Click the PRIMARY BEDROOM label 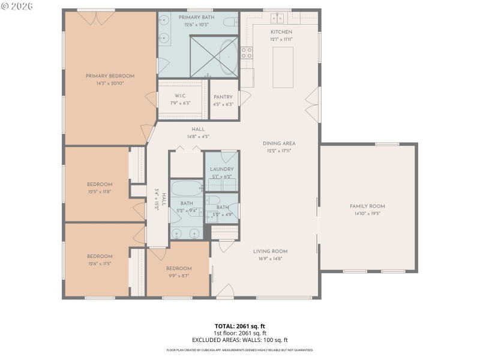click(x=110, y=76)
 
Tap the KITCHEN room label click(x=281, y=32)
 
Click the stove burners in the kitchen click(x=247, y=53)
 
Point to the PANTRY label click(x=223, y=97)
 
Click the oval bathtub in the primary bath click(x=227, y=57)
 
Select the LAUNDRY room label click(x=221, y=170)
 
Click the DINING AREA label click(x=279, y=143)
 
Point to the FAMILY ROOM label click(x=367, y=206)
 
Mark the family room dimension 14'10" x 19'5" click(x=367, y=213)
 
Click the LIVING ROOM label click(x=269, y=251)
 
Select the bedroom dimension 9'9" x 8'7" click(x=179, y=275)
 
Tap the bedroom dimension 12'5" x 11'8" click(x=100, y=191)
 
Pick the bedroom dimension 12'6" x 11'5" click(x=100, y=263)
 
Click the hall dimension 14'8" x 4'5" click(x=198, y=137)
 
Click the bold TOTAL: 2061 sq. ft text click(x=240, y=326)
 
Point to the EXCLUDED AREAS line click(x=240, y=340)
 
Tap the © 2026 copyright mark click(x=17, y=6)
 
